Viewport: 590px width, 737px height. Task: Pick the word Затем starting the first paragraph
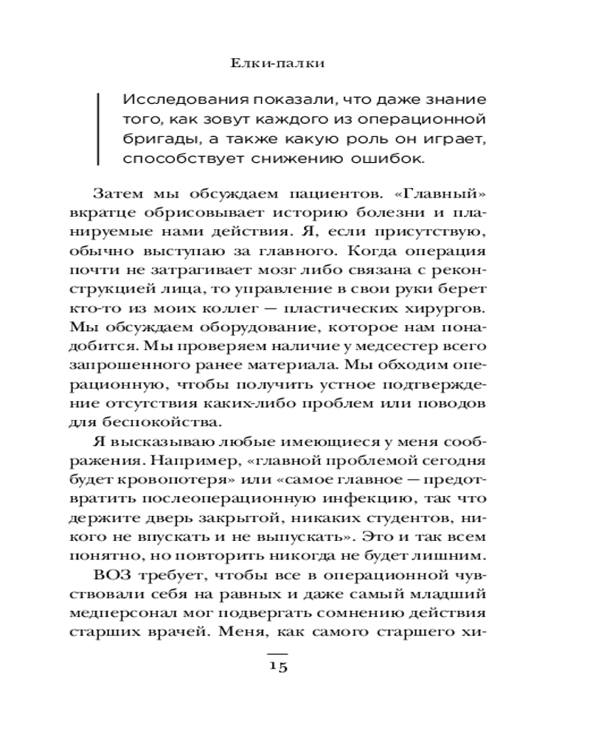[x=120, y=195]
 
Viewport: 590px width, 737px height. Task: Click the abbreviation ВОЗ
[x=115, y=576]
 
